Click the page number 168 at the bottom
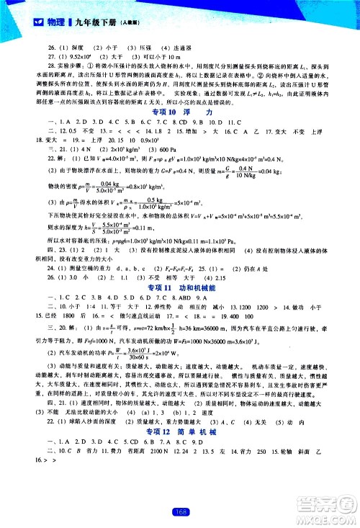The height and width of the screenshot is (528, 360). click(180, 512)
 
